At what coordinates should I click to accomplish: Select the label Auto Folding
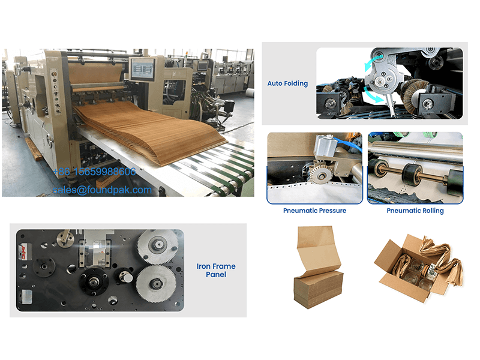click(x=287, y=83)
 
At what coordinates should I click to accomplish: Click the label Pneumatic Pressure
click(x=315, y=211)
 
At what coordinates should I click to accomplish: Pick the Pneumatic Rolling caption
click(x=415, y=211)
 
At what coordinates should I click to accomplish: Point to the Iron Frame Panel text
click(x=216, y=271)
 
